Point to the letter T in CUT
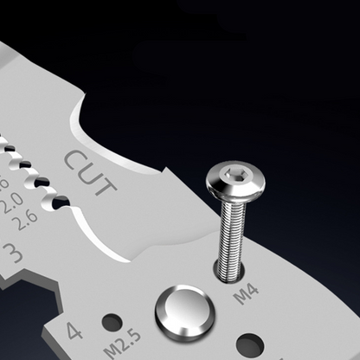click(106, 185)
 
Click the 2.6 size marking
click(27, 217)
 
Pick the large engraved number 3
click(14, 254)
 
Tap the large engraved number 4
click(74, 330)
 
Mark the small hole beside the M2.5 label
click(112, 322)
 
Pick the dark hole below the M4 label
click(250, 345)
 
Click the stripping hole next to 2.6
click(61, 202)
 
